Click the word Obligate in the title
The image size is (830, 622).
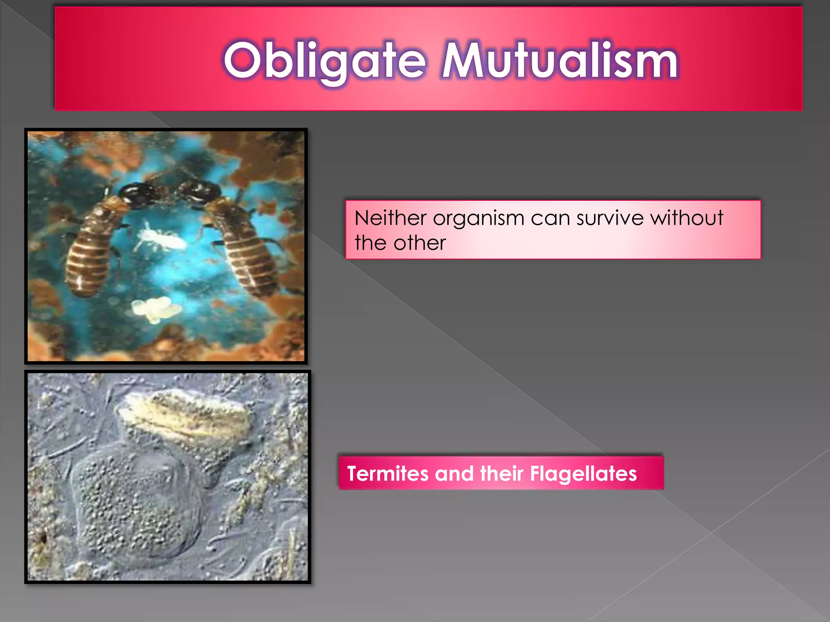(324, 61)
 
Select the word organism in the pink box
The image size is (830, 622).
(478, 219)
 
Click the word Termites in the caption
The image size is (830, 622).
(387, 473)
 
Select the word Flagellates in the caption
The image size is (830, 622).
(583, 473)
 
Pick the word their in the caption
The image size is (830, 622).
(501, 473)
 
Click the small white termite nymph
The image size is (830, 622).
(162, 239)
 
